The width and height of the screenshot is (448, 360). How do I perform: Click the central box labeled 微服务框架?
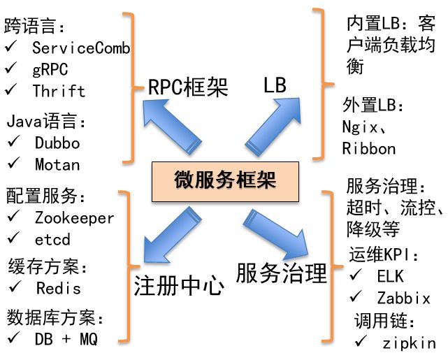pyautogui.click(x=224, y=180)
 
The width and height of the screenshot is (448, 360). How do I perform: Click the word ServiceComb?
pyautogui.click(x=81, y=48)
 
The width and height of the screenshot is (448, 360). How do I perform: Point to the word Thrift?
pyautogui.click(x=59, y=91)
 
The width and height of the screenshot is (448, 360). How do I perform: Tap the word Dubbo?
pyautogui.click(x=57, y=143)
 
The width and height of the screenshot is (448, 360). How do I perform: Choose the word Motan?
pyautogui.click(x=57, y=165)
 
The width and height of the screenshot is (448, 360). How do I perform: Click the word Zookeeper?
pyautogui.click(x=74, y=217)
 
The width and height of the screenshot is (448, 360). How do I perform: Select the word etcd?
pyautogui.click(x=52, y=240)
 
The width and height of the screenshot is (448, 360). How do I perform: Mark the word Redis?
pyautogui.click(x=58, y=288)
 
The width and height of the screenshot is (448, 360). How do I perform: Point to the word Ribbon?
pyautogui.click(x=369, y=148)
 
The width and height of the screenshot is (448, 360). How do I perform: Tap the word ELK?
pyautogui.click(x=390, y=276)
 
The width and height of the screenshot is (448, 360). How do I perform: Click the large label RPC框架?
pyautogui.click(x=189, y=87)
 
